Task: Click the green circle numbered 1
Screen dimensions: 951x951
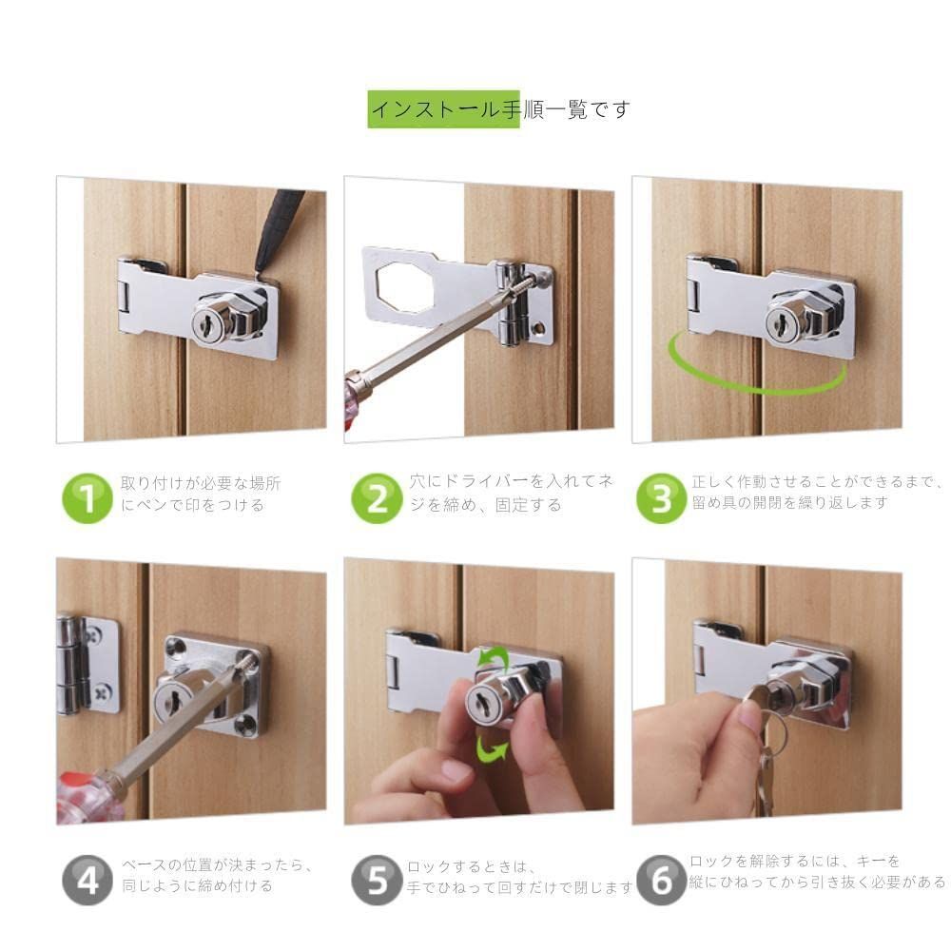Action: click(87, 498)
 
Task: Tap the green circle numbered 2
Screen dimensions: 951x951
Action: click(376, 498)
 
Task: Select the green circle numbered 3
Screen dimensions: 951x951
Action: click(661, 498)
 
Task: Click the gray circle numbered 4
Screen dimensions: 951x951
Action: click(87, 880)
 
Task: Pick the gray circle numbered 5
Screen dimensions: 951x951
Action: click(376, 880)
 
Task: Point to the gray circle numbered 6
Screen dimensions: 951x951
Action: click(661, 880)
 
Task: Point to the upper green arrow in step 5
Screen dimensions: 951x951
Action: click(493, 658)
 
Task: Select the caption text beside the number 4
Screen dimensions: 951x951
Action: click(217, 875)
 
